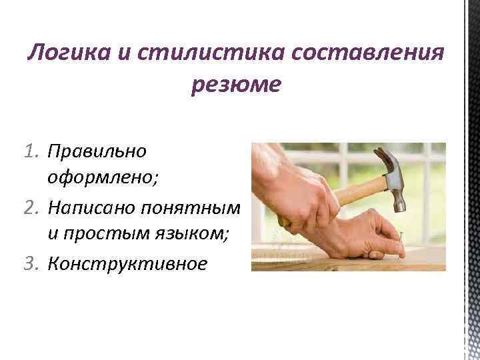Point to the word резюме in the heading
pos(236,85)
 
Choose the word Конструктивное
pos(127,264)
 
